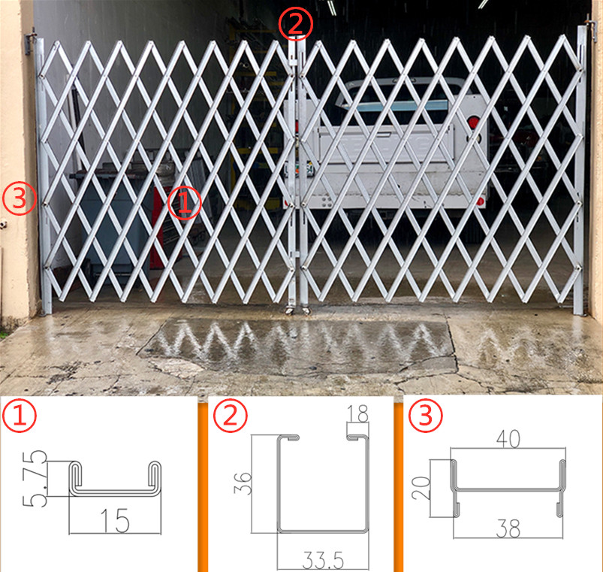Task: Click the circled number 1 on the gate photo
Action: (x=185, y=203)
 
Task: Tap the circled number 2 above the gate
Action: (x=294, y=23)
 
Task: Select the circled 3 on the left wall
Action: (x=20, y=199)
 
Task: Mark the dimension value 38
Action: (x=508, y=529)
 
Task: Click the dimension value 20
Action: (x=421, y=489)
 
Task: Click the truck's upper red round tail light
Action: (x=473, y=123)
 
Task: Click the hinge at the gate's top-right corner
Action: (x=590, y=32)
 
